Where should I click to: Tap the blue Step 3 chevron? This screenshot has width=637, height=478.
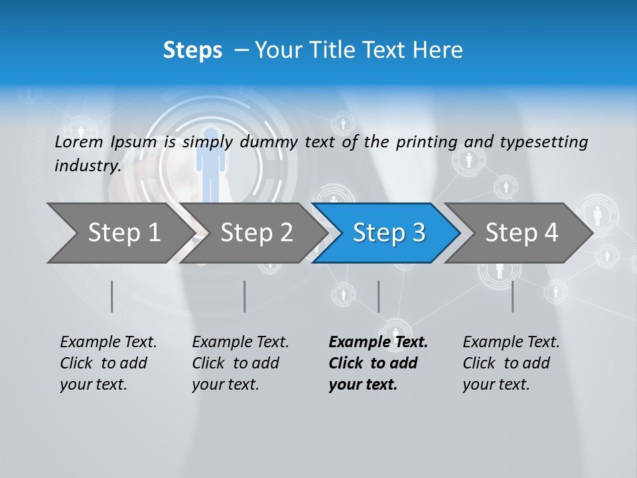(x=389, y=233)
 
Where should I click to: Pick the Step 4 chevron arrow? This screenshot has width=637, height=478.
(x=522, y=233)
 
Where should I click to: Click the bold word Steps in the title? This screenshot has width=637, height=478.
(x=192, y=50)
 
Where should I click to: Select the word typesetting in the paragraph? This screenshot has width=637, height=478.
(x=543, y=142)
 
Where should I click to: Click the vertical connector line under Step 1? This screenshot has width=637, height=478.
(x=112, y=296)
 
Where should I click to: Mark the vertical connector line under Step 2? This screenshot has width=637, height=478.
(x=245, y=296)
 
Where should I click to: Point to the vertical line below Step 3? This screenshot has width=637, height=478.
(x=378, y=296)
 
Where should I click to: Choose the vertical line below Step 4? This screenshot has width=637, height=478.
(x=512, y=296)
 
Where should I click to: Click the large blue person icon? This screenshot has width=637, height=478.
(x=210, y=163)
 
